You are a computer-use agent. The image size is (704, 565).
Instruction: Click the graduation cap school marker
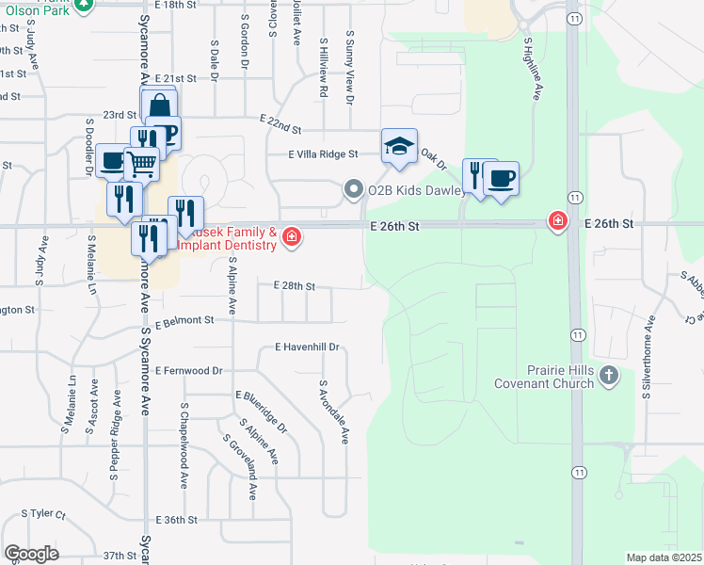coord(399,147)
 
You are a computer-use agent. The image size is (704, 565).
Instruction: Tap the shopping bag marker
coord(159,104)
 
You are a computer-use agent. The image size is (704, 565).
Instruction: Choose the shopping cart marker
coord(141,164)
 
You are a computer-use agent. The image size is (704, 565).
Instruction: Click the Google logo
coord(31,554)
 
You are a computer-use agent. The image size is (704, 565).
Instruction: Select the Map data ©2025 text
coord(664,557)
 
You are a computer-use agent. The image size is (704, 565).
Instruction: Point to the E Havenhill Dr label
coord(306,347)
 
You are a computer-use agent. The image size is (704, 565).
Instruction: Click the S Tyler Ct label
coord(44,515)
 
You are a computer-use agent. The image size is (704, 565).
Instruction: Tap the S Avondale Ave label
coord(333,412)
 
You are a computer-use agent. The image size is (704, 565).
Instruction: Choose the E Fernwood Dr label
coord(189,371)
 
